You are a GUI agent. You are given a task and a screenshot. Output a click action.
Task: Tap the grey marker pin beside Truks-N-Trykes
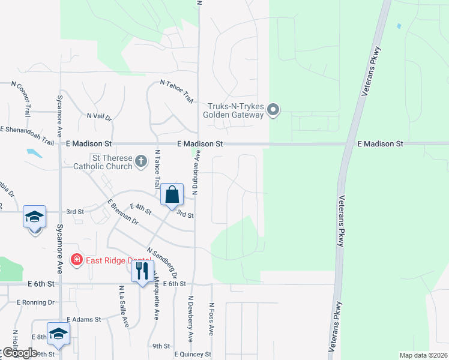point(273,110)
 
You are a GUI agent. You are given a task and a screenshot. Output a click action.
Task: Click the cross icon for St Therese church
point(140,161)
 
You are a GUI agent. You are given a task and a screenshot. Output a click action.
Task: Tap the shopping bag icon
point(172,194)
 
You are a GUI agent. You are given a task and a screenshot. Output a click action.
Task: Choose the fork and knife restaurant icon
point(142,271)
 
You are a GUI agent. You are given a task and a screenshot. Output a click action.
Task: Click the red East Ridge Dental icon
point(77,259)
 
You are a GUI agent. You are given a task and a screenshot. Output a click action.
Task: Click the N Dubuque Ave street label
point(195,173)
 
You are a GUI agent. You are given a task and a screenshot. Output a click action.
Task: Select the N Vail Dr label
point(100,116)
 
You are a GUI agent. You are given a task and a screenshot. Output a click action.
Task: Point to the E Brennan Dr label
point(122,212)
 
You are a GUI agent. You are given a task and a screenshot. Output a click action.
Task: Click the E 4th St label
point(142,209)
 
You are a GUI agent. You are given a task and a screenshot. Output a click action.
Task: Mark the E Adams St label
point(83,320)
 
